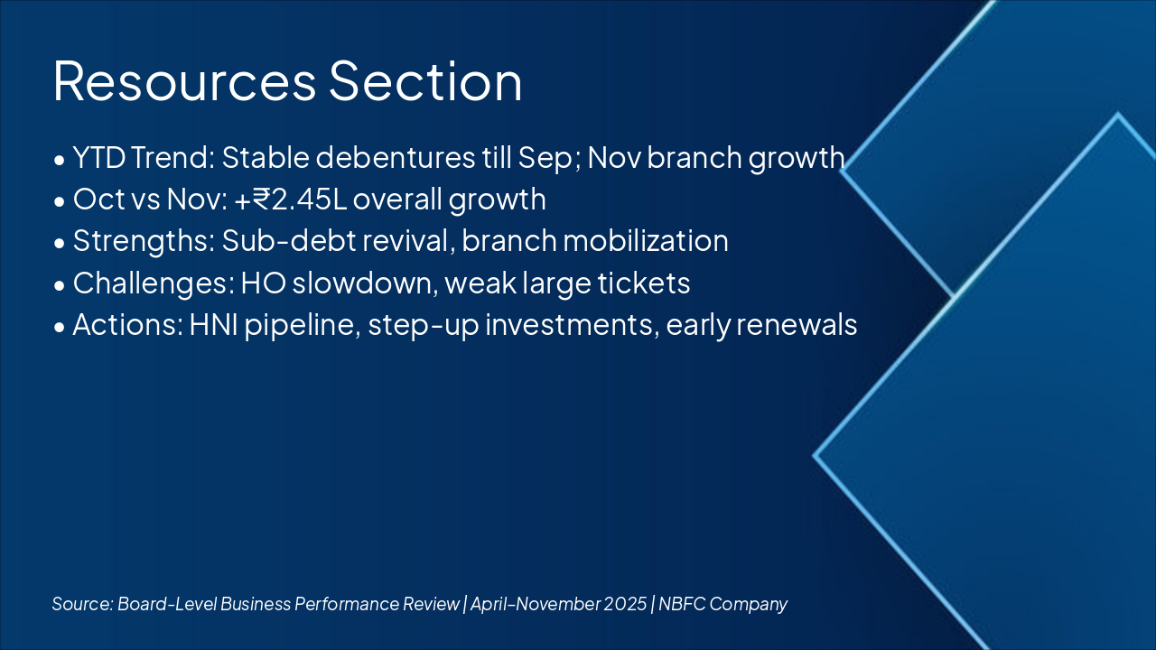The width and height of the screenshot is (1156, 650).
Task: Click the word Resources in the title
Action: click(184, 81)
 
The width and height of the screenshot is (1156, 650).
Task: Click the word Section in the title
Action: click(425, 81)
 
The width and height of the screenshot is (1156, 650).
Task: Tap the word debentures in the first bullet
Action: click(396, 157)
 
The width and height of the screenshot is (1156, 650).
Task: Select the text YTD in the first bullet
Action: click(99, 157)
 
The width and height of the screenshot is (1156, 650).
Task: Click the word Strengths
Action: click(144, 242)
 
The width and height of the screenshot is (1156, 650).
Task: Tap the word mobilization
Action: click(646, 241)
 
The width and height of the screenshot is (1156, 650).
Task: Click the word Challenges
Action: click(154, 284)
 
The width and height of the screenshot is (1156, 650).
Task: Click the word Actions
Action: click(128, 325)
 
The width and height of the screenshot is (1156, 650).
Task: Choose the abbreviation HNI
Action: click(214, 325)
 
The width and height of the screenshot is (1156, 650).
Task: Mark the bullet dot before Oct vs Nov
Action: click(60, 201)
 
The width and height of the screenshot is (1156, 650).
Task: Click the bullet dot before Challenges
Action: click(60, 285)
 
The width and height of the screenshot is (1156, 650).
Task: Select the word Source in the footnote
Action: click(82, 604)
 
